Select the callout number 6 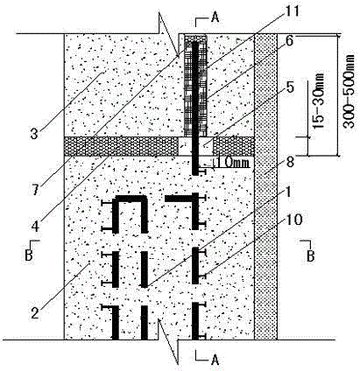289,41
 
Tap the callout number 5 290,87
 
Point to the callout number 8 290,163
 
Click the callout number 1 287,192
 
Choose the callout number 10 293,220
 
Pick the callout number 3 34,134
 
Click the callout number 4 35,226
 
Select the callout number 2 35,313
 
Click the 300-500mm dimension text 349,91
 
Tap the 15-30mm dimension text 319,101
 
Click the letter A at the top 215,17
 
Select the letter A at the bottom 215,360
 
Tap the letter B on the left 29,255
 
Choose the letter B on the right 311,256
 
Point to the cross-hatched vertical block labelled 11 195,87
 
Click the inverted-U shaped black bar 131,199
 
